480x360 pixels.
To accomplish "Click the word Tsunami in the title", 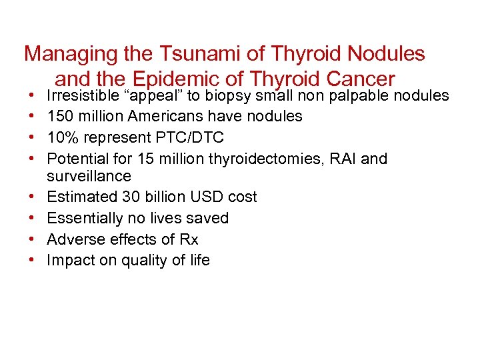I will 167,53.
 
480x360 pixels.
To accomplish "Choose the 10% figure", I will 61,137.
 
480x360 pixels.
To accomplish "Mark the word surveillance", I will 89,176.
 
